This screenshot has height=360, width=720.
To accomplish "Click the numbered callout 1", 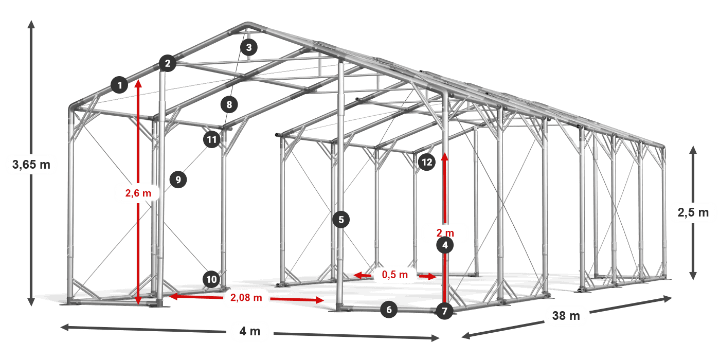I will click(119, 85).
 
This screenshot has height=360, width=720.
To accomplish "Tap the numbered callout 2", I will click(167, 64).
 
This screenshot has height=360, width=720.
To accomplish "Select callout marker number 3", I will click(249, 48).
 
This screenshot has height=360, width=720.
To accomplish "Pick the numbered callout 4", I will click(445, 246).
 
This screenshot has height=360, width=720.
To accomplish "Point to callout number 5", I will click(341, 220).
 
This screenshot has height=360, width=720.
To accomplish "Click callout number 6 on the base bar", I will click(389, 310).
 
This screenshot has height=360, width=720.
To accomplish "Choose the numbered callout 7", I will click(444, 311).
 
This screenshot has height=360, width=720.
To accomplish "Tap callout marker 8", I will click(229, 105).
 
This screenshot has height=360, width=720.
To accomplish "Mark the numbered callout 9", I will click(178, 179).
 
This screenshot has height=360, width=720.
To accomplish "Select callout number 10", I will click(211, 280).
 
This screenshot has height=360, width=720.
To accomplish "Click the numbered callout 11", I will click(211, 139).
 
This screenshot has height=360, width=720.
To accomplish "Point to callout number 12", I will click(426, 163).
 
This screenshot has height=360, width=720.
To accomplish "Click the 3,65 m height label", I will click(31, 165).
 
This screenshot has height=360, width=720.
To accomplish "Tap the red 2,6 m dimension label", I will click(138, 193).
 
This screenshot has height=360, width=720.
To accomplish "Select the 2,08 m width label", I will click(246, 298).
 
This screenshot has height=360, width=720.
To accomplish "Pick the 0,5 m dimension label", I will click(394, 275).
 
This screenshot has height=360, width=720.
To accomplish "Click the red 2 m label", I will click(445, 232).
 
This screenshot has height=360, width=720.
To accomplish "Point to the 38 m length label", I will click(566, 316).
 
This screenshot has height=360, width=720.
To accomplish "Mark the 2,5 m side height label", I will click(693, 212).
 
